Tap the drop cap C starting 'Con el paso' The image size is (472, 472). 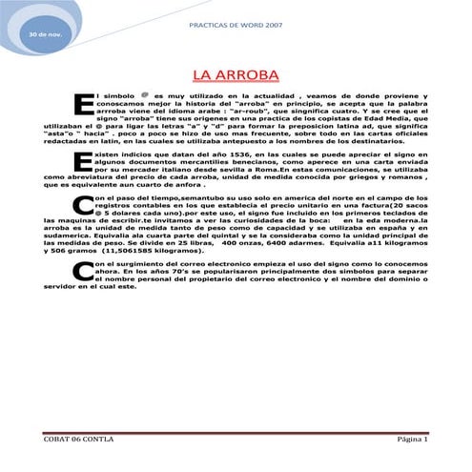pyautogui.click(x=83, y=206)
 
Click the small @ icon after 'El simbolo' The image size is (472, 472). pyautogui.click(x=144, y=95)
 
